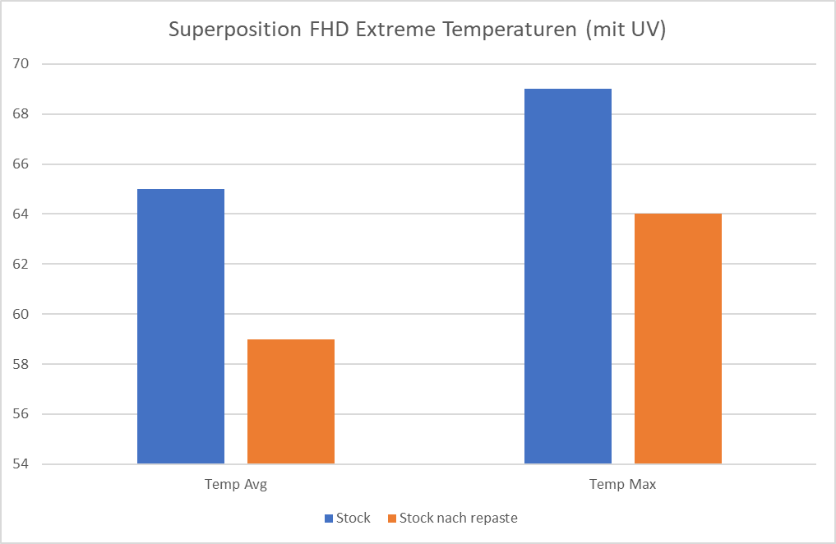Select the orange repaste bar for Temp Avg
[291, 402]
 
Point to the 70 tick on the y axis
[21, 64]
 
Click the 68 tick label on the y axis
[21, 114]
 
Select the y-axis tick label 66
[21, 164]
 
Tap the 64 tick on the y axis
[21, 214]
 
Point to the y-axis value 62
[21, 265]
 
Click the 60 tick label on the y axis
[21, 315]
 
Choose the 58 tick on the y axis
[21, 364]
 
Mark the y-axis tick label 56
[21, 414]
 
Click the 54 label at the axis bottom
[21, 464]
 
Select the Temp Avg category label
[236, 485]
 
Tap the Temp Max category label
[623, 485]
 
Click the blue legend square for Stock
[329, 519]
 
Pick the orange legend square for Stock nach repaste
[391, 519]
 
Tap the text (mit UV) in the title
[626, 30]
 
